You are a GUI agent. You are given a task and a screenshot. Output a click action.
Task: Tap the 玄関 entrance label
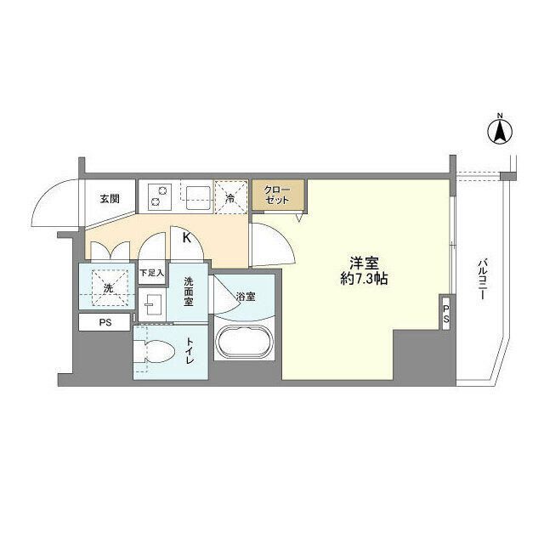point(110,199)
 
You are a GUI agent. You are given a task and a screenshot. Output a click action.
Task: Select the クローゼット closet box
point(277,195)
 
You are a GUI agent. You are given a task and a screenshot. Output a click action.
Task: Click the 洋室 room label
point(365,263)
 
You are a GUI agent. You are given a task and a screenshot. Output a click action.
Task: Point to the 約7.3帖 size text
point(365,280)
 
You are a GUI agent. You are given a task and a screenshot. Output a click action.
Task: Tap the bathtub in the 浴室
point(244,343)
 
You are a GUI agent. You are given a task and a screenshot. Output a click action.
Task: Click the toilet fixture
point(158,351)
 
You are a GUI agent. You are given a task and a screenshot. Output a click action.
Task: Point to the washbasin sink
point(152,304)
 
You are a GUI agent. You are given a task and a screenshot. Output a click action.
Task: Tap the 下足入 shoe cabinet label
point(151,273)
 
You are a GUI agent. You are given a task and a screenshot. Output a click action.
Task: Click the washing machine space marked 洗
point(107,286)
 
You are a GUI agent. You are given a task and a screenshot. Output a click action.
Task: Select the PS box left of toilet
point(105,323)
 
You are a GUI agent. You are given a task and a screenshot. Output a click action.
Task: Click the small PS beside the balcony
point(445,313)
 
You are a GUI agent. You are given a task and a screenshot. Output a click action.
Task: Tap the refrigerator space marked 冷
point(230,197)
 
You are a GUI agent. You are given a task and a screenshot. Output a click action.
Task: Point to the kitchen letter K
point(185,237)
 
